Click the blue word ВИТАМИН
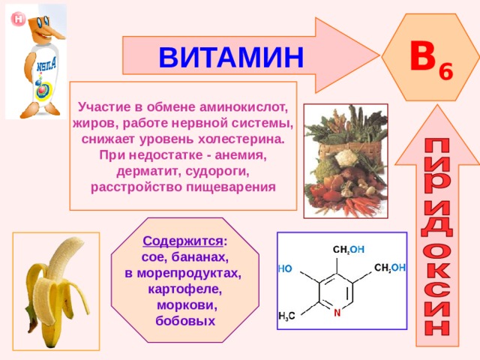(x=231, y=57)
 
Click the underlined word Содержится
(x=183, y=241)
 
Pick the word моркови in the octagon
(x=187, y=305)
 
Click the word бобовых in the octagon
(x=185, y=321)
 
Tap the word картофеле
(x=185, y=289)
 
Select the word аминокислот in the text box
(x=244, y=107)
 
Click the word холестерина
(x=241, y=139)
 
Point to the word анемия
(x=241, y=155)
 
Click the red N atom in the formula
(x=337, y=313)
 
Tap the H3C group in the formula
(x=286, y=316)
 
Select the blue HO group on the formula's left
(x=285, y=268)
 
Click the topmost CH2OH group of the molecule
(x=348, y=250)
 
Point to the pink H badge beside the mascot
(x=18, y=19)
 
